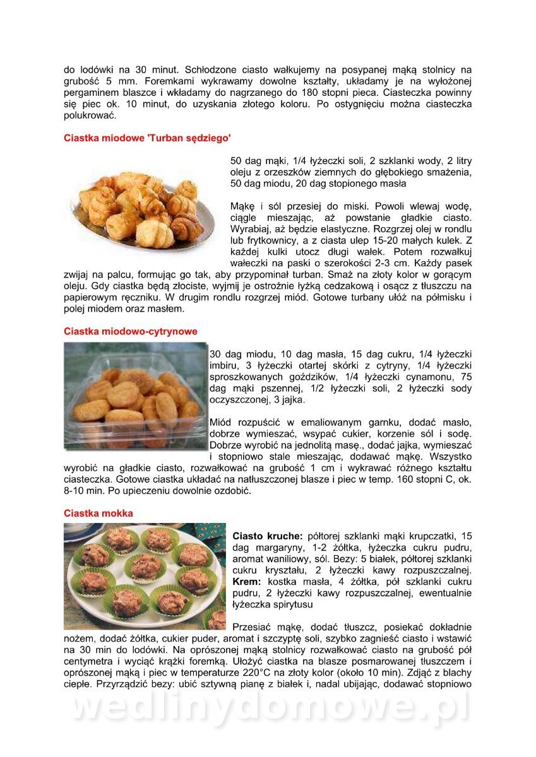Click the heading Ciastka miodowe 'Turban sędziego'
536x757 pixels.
click(147, 138)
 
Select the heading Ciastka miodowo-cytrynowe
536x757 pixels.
click(131, 331)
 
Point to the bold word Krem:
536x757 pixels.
click(247, 582)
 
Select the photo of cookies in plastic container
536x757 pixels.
click(136, 396)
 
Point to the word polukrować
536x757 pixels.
click(90, 116)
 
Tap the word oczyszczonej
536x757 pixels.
click(241, 400)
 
